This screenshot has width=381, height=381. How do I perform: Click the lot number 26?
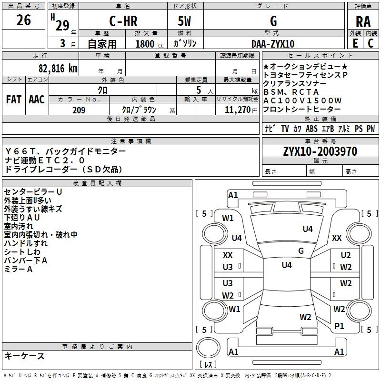coord(23,20)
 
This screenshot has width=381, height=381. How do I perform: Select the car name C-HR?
coord(123,21)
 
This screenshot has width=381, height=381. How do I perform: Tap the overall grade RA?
coord(363,22)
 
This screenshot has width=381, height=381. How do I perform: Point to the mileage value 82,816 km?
coord(58,69)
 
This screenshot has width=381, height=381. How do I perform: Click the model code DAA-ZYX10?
coord(273,44)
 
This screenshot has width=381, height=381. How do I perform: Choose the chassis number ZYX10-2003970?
coord(320,151)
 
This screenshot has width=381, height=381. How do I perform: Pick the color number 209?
coord(79,110)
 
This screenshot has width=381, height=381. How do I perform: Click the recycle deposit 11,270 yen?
coord(241,110)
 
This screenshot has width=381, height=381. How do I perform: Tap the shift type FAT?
coord(14,100)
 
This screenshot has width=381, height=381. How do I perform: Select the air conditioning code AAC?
coord(37,100)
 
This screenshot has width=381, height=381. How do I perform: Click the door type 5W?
coord(184,21)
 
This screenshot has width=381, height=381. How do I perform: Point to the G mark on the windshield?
coord(301,251)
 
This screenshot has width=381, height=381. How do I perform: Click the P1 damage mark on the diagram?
coord(339,326)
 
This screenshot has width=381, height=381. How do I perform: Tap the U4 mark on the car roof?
coord(287,265)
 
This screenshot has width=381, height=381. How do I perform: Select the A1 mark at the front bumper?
coord(233,195)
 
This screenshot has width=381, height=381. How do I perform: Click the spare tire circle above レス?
coord(208,347)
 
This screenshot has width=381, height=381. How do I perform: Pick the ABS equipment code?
coord(311,129)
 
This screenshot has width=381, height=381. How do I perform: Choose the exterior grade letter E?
coord(355,43)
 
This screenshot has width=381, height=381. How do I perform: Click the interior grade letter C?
coord(371,43)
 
